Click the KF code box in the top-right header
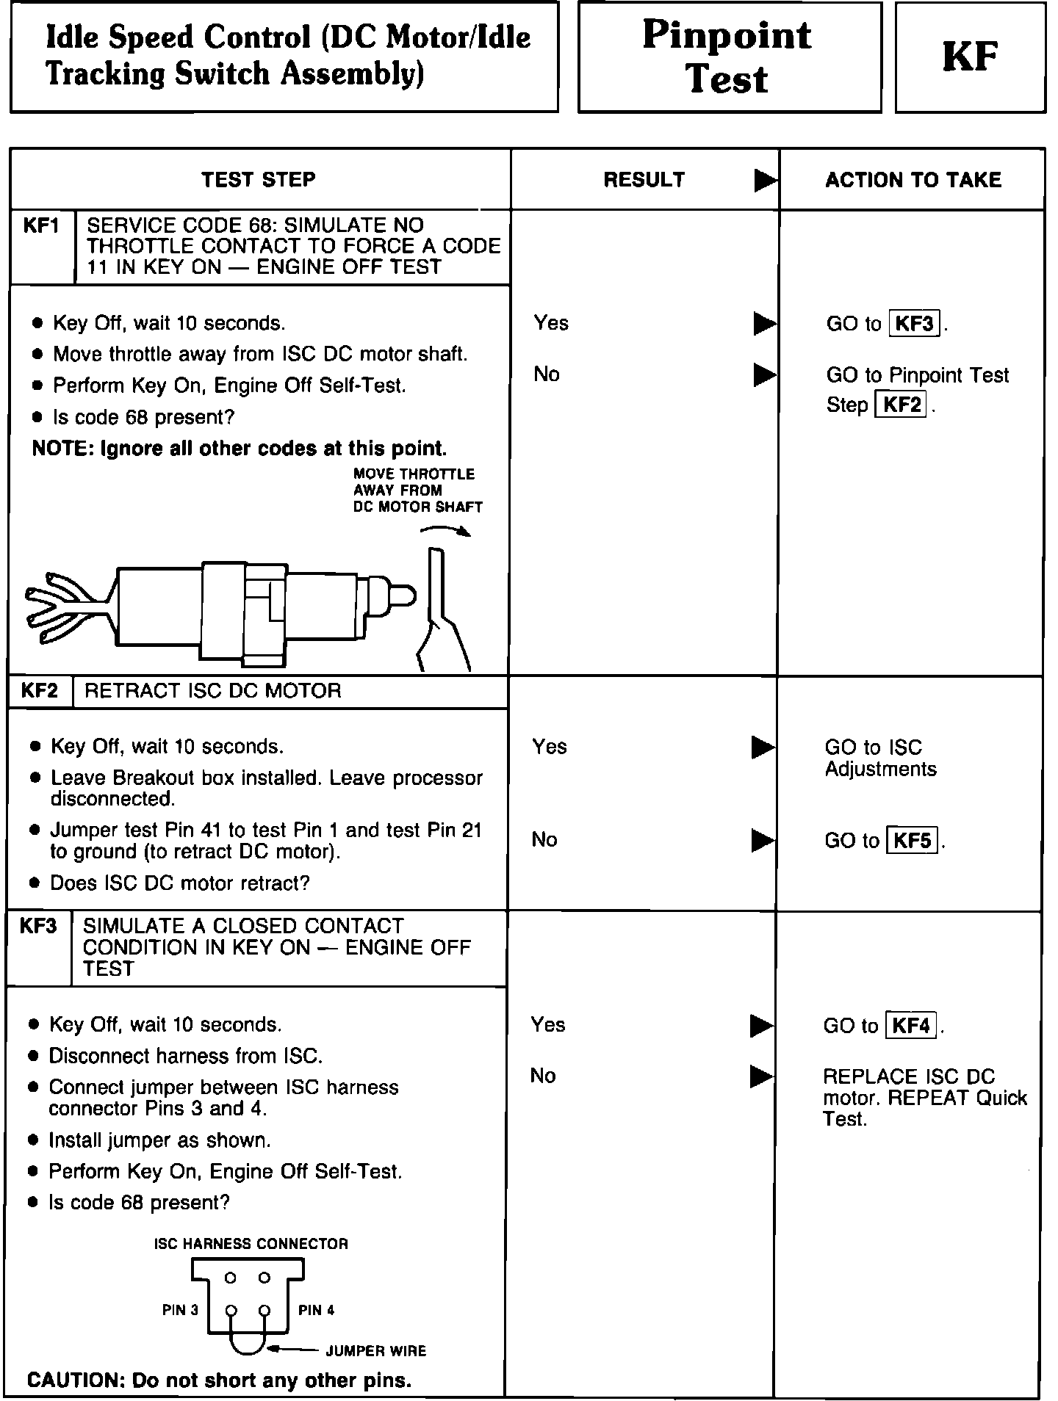click(x=970, y=57)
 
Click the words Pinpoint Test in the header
click(x=728, y=57)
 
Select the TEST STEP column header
click(x=259, y=180)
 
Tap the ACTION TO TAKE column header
click(x=913, y=181)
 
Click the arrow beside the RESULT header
click(x=765, y=181)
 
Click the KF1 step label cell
click(x=42, y=226)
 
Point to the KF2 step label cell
click(x=40, y=691)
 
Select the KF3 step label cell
click(x=38, y=926)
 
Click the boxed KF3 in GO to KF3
click(x=915, y=324)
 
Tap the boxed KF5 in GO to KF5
click(x=913, y=840)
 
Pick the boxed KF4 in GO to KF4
click(x=911, y=1025)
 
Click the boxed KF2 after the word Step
click(x=902, y=405)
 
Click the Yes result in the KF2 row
click(x=550, y=747)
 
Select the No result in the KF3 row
click(x=543, y=1076)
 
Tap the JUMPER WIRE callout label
click(x=376, y=1351)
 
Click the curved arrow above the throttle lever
click(x=447, y=531)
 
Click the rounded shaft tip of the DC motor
click(x=403, y=595)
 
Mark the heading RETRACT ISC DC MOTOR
click(x=213, y=691)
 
